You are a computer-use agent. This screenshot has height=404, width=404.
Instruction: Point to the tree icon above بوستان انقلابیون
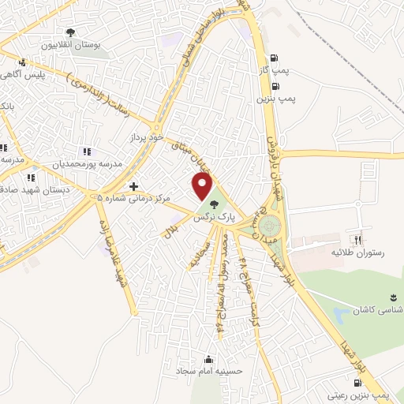pyautogui.click(x=70, y=33)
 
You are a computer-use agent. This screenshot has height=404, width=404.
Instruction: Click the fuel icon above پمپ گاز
pyautogui.click(x=274, y=58)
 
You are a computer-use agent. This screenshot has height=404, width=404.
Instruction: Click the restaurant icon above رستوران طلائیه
pyautogui.click(x=357, y=240)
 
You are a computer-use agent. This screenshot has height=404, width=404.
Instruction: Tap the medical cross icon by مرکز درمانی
pyautogui.click(x=133, y=186)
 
